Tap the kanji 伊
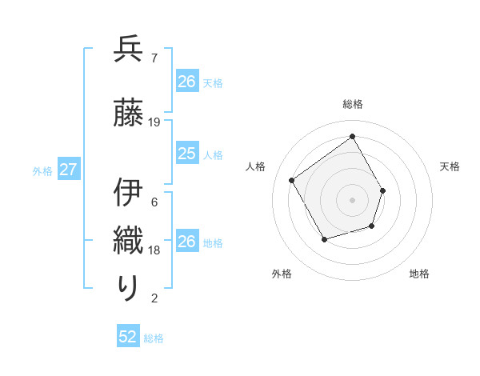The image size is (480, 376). coord(128,193)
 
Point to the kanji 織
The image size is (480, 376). coord(128,240)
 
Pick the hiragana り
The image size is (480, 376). coord(128,287)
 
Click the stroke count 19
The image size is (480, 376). coord(154,122)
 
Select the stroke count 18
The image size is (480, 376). coord(154,250)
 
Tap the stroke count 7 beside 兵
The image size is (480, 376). coord(154,58)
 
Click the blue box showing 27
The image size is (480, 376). coord(68,170)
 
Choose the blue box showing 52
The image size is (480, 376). coord(128,337)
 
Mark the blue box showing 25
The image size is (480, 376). coord(187,154)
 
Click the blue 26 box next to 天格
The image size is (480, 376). coord(187,82)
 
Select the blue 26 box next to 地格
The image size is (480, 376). coord(187,242)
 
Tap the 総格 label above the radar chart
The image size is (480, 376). coord(352,104)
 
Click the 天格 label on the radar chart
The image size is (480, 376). coord(450,166)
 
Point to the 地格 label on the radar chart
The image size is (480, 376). coord(419,274)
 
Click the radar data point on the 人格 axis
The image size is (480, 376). coord(292,180)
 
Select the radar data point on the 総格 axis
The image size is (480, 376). coord(352,136)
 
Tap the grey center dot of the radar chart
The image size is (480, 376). coord(352,199)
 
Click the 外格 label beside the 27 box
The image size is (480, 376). coord(42,170)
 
